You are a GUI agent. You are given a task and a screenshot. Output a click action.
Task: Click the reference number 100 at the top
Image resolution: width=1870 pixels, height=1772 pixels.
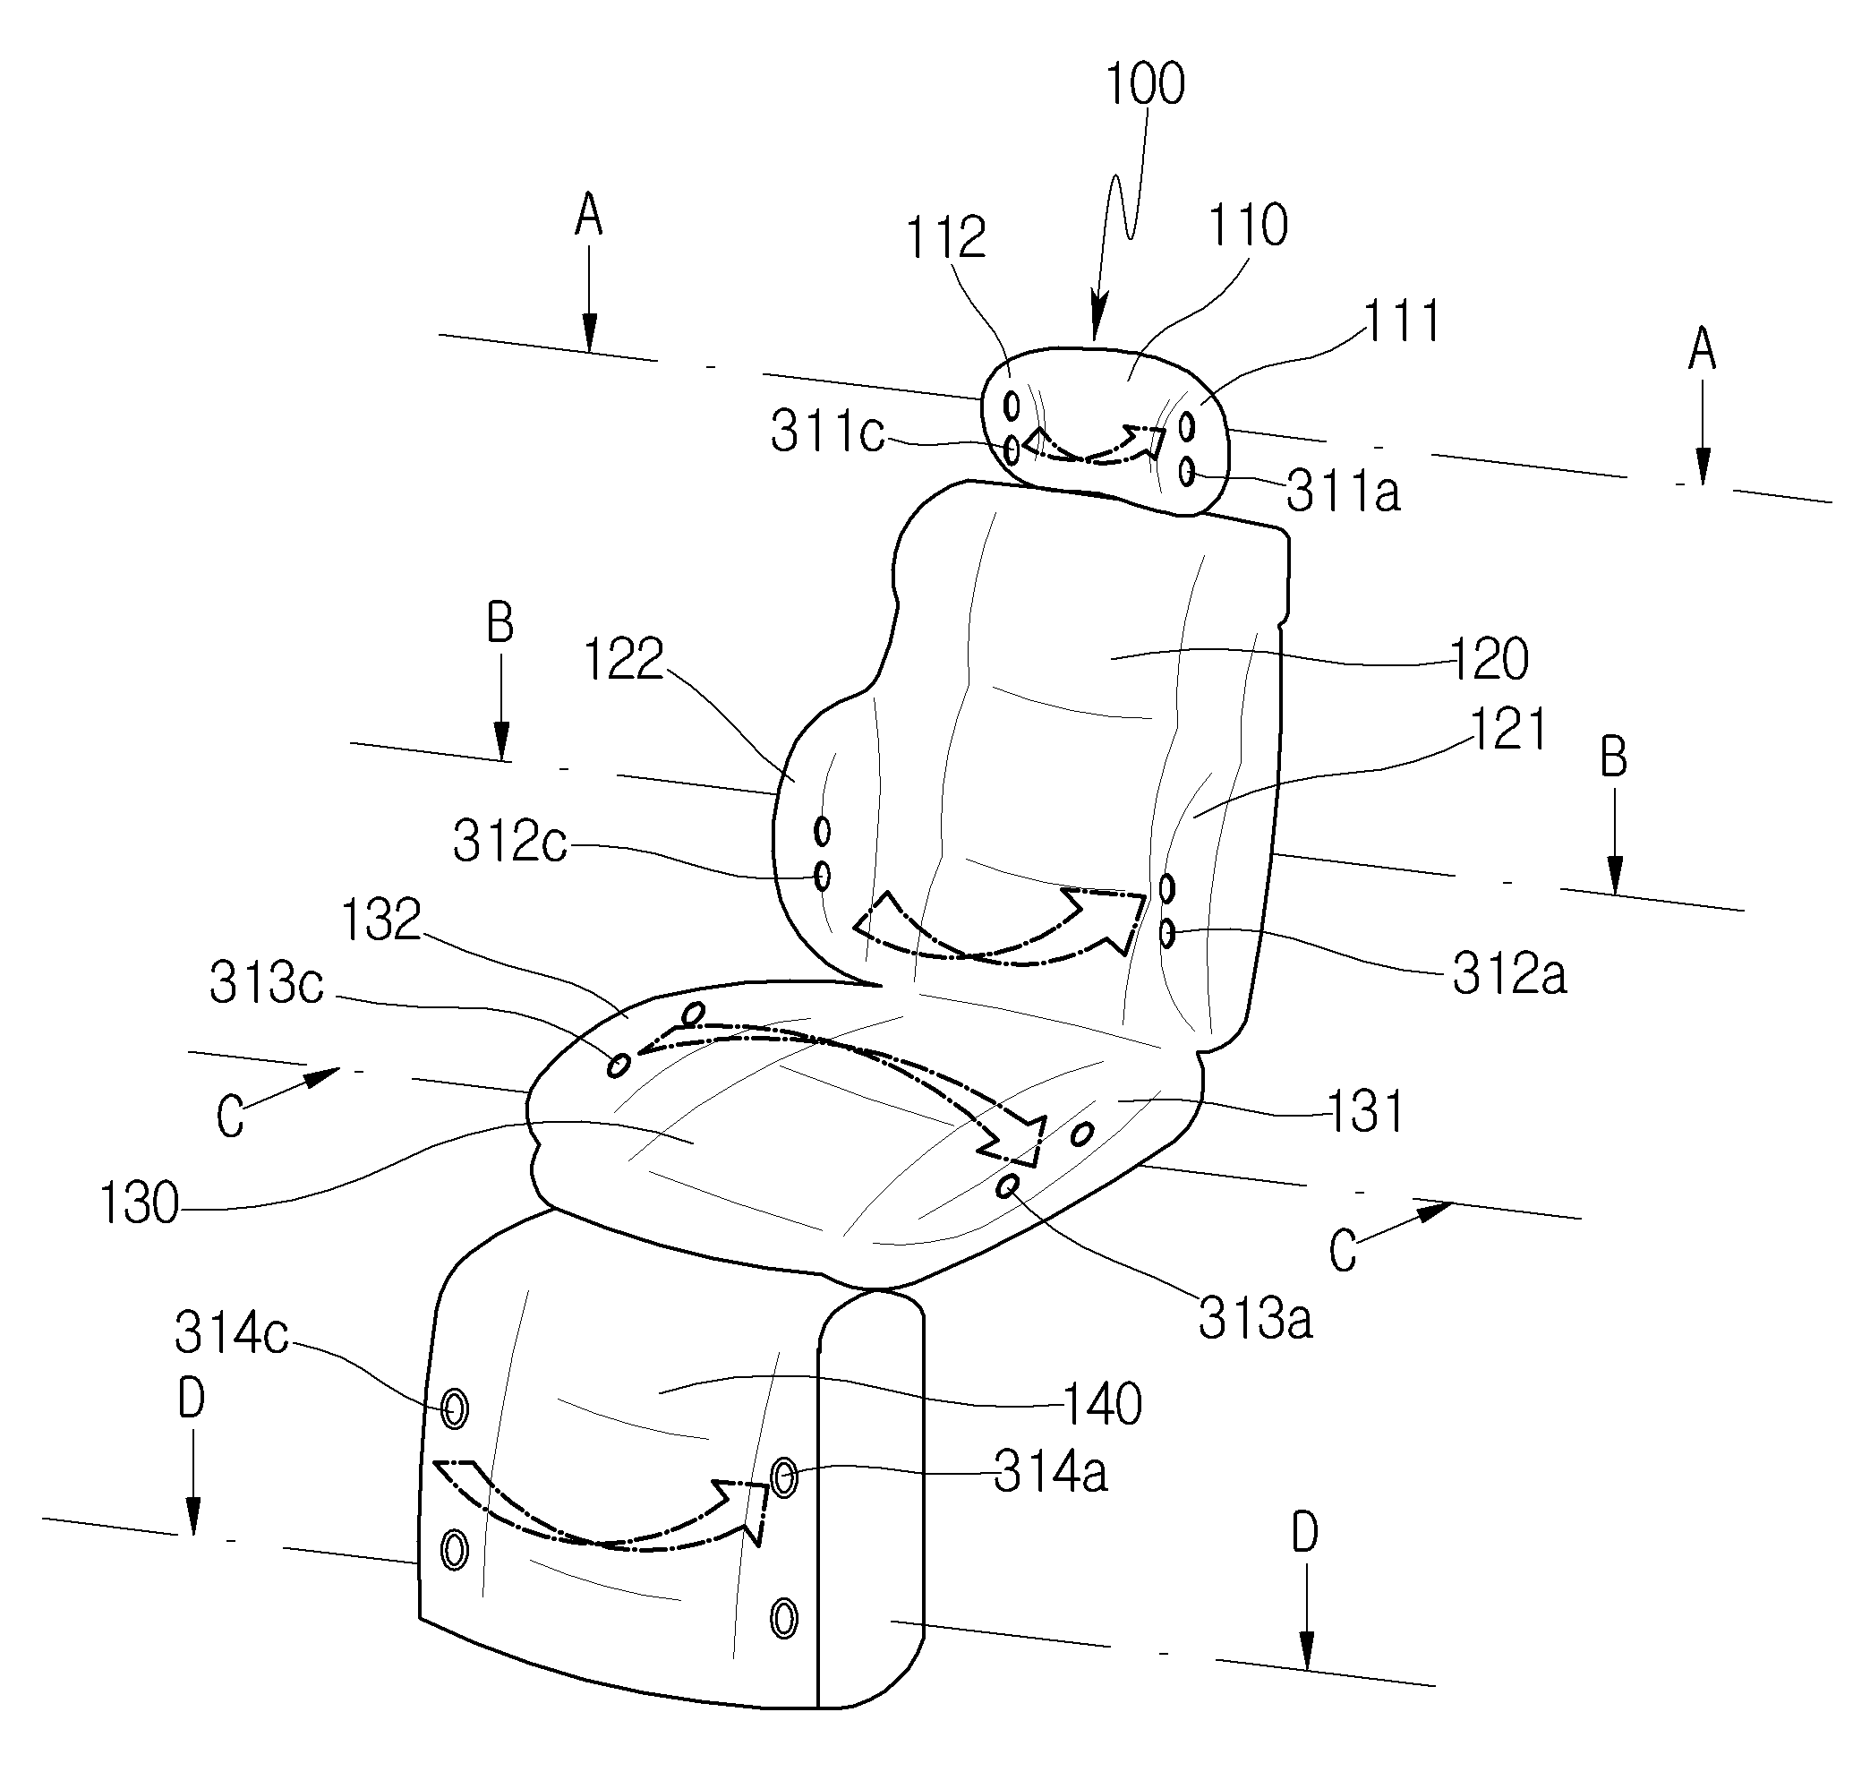pos(1145,84)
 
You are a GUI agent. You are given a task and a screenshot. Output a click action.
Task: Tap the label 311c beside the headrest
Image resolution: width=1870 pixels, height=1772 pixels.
pos(827,432)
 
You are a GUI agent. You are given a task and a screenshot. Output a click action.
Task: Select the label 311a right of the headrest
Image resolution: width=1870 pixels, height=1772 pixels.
pos(1343,492)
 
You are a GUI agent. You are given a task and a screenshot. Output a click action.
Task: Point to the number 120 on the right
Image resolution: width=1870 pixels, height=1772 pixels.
pos(1489,659)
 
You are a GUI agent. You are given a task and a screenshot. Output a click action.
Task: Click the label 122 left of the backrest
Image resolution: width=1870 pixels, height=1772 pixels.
pos(623,658)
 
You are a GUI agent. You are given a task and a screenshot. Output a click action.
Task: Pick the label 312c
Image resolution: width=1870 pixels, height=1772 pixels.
pos(510,841)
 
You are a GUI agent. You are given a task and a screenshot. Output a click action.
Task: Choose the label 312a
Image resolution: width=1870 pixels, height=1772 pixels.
pos(1509,974)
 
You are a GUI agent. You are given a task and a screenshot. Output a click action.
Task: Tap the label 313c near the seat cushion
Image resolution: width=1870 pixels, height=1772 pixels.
pos(267,982)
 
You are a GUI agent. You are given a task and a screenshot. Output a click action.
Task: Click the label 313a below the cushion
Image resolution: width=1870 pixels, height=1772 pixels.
pos(1255,1319)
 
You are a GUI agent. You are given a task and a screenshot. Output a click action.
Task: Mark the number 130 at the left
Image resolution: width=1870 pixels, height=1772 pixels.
pos(139,1203)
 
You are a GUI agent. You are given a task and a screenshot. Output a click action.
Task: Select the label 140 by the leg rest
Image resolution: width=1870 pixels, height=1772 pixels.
pos(1102,1404)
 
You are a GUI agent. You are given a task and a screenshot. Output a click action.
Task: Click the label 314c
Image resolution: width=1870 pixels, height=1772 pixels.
pos(231,1334)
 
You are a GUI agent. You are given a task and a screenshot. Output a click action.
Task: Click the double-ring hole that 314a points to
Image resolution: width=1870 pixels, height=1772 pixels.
pos(784,1477)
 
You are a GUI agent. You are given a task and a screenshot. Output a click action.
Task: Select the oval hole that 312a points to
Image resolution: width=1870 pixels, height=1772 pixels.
pos(1167,934)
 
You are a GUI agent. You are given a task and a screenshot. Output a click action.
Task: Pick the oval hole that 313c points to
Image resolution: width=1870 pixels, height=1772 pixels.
pos(619,1066)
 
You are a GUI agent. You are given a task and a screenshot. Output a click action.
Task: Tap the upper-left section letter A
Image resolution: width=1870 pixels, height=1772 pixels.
pos(588,217)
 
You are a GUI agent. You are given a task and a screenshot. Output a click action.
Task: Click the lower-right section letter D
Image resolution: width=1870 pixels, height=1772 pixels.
pos(1304,1534)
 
